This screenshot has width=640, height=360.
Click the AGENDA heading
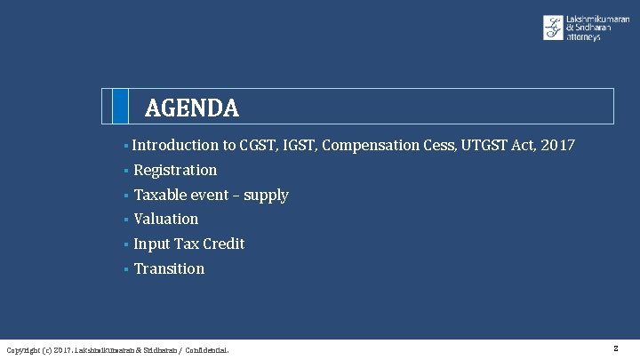[x=191, y=108]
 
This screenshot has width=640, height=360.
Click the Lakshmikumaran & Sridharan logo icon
[x=553, y=28]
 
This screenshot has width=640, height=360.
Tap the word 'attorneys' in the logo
[x=583, y=37]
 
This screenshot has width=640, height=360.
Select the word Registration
[x=175, y=170]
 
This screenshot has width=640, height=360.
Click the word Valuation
[x=166, y=219]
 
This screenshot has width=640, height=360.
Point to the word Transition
[x=169, y=268]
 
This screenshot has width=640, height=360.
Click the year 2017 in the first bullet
[x=557, y=145]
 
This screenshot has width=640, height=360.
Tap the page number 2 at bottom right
[x=615, y=348]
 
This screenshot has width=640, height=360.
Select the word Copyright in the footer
[x=22, y=350]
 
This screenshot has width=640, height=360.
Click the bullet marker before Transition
[x=126, y=268]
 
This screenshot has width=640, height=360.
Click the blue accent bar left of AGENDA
[x=119, y=106]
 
